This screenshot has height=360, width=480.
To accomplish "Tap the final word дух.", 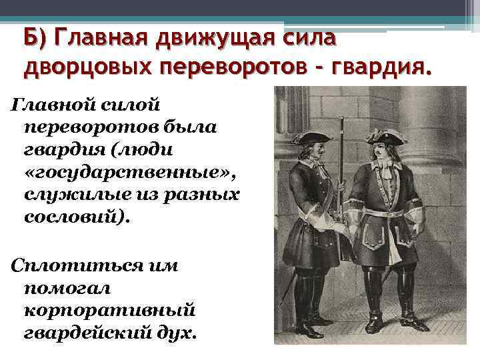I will pos(179,333).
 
